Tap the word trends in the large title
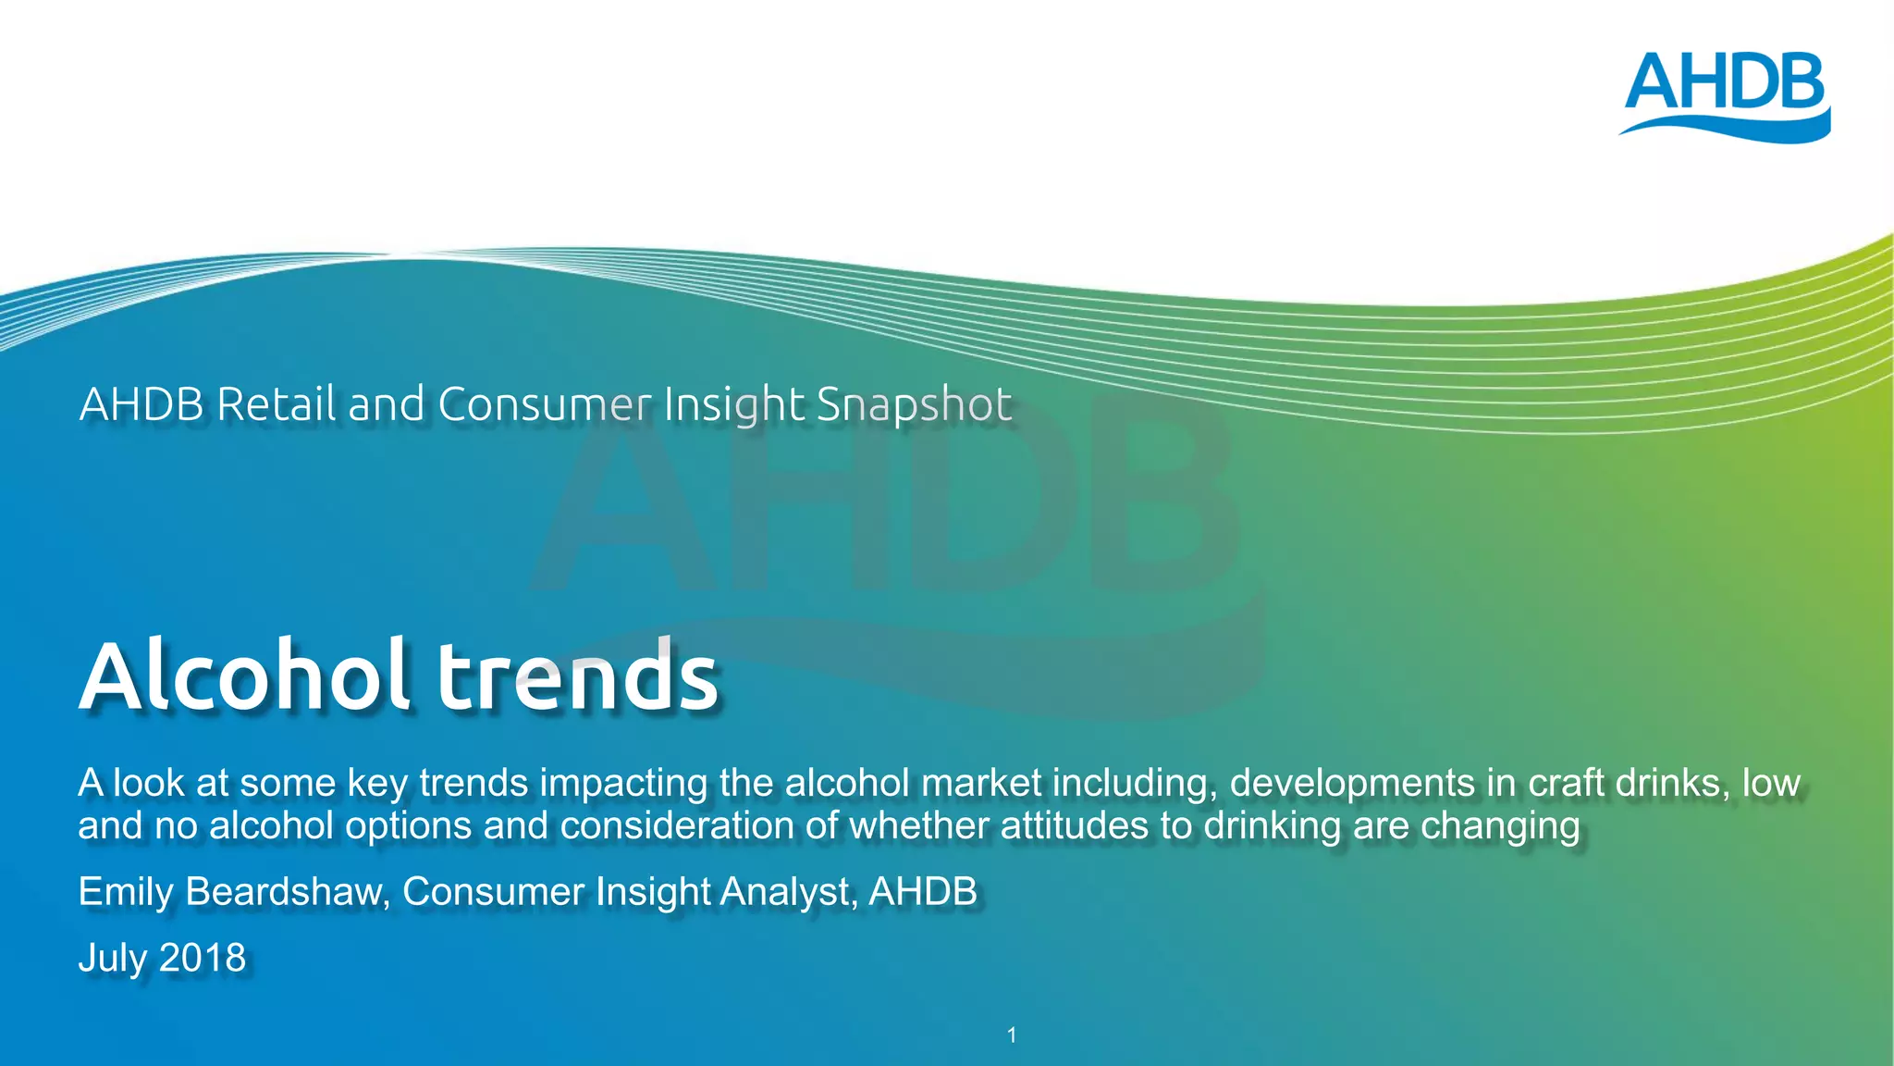(577, 676)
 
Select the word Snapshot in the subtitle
(915, 405)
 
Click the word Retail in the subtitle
(277, 404)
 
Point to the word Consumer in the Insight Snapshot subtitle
(545, 404)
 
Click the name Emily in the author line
(126, 892)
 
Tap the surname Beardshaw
(287, 892)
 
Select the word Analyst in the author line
(788, 892)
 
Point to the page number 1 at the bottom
(1012, 1035)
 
